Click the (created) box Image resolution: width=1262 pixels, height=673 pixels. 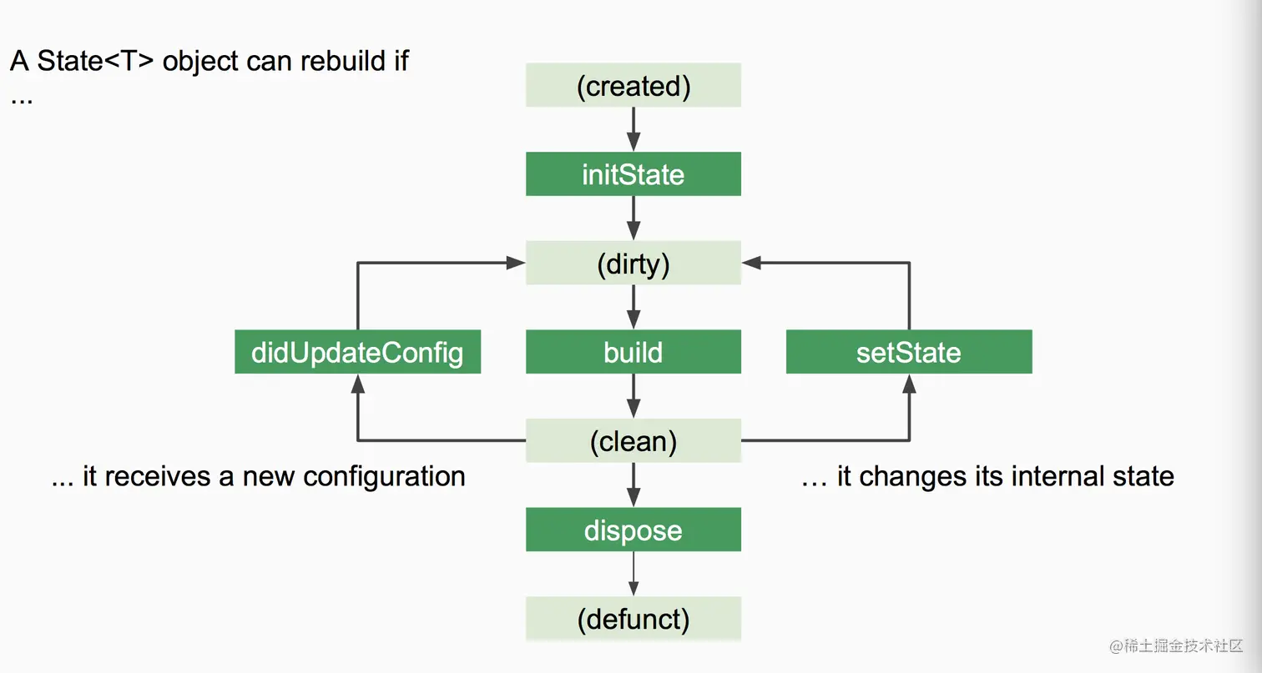634,85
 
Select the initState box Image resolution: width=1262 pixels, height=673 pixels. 634,173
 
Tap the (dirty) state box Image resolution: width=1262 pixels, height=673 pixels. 634,263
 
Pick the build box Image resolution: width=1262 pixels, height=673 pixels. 634,352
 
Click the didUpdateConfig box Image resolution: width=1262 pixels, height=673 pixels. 358,352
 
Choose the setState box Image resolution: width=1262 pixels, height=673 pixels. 909,352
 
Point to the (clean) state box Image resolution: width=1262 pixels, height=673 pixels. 634,440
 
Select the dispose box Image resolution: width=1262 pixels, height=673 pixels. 634,530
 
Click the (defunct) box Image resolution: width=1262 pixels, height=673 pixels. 634,619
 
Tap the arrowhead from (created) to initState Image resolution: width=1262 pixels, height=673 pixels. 634,142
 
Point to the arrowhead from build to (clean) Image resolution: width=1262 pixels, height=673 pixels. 634,409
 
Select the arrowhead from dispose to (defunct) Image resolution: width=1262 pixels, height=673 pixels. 634,588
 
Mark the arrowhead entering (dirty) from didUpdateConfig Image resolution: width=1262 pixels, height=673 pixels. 516,263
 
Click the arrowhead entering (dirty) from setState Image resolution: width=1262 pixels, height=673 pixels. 751,263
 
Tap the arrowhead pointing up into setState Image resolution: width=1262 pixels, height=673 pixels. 909,384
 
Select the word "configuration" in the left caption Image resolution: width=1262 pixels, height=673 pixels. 384,477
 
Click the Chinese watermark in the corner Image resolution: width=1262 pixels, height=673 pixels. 1176,645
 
